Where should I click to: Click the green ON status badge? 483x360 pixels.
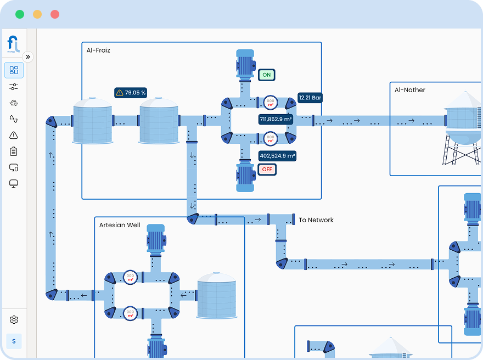[x=267, y=75]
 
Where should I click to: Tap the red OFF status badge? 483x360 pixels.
[x=267, y=169]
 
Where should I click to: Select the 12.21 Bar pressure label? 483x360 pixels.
[x=310, y=98]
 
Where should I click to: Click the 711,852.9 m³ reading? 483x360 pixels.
[x=276, y=119]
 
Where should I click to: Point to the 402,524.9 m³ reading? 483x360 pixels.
[x=277, y=156]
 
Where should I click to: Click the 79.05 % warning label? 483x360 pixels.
[x=131, y=93]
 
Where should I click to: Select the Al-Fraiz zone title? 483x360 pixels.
[x=98, y=50]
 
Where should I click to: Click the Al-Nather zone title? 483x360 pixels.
[x=409, y=90]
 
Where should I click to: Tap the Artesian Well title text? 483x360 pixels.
[x=120, y=225]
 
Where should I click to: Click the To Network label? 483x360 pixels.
[x=316, y=220]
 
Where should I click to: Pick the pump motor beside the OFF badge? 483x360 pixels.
[x=245, y=176]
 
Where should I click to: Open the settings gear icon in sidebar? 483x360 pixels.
[x=14, y=319]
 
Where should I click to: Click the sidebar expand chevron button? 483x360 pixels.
[x=27, y=57]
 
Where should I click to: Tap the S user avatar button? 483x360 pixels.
[x=14, y=341]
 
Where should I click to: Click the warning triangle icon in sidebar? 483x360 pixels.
[x=14, y=135]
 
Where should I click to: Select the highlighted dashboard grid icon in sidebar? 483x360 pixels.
[x=14, y=70]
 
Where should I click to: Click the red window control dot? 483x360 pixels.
[x=55, y=14]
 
